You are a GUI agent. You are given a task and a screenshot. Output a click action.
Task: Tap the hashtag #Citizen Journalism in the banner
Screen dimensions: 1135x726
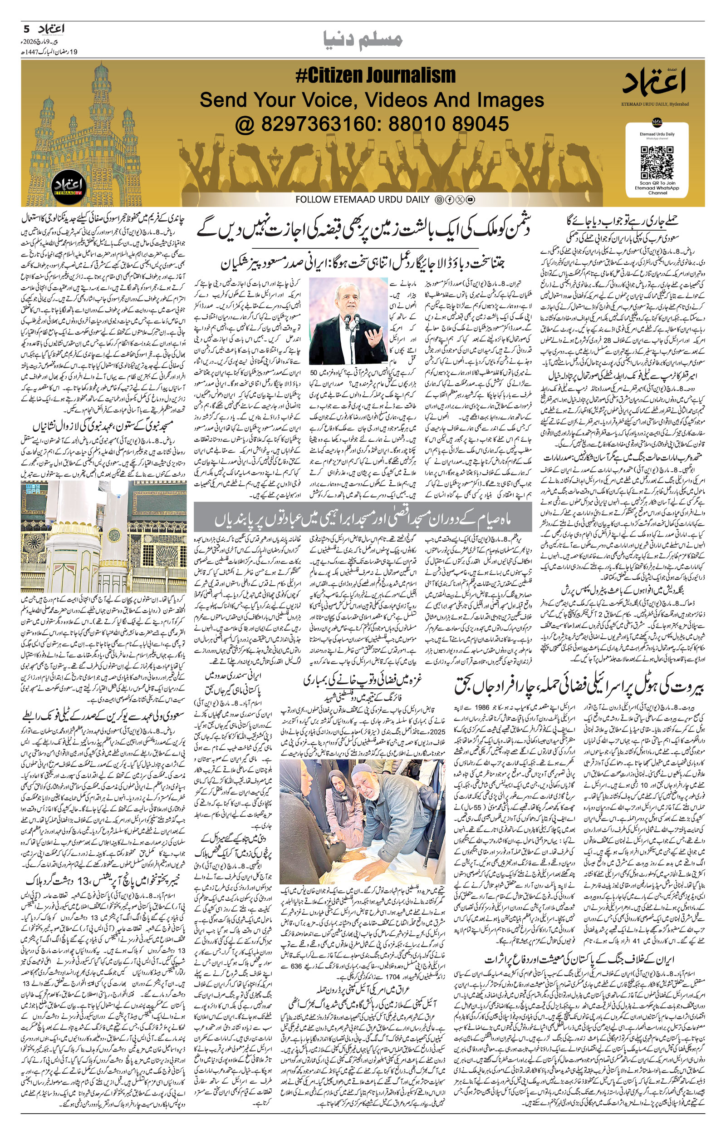coord(375,75)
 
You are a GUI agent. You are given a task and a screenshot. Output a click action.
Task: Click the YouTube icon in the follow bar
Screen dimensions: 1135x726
coord(470,200)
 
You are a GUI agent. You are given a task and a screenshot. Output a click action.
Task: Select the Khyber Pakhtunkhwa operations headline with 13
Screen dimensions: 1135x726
coord(103,880)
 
